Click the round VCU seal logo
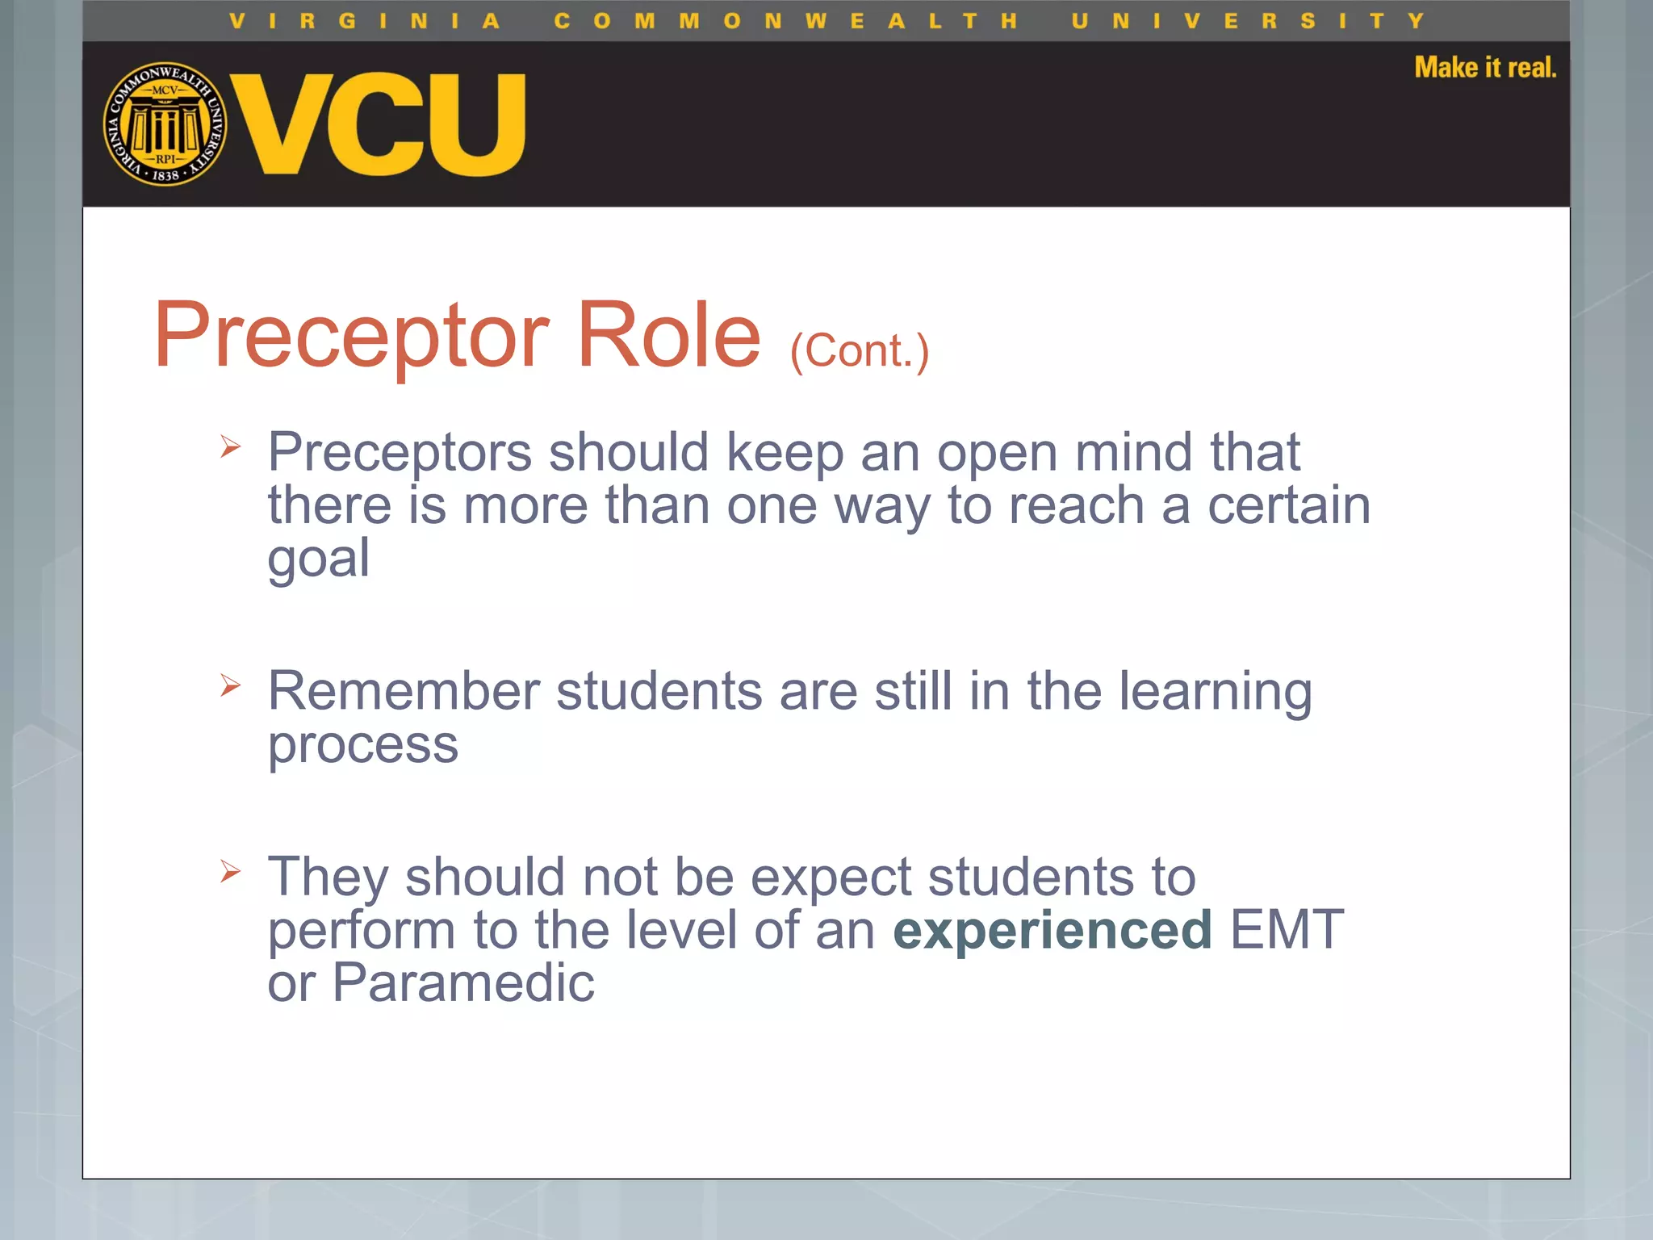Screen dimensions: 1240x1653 165,124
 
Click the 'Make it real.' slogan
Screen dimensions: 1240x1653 1484,67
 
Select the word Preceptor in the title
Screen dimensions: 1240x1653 352,335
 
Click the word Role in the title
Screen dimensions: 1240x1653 668,335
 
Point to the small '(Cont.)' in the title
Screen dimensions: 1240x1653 860,351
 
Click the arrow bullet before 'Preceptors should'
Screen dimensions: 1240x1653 230,446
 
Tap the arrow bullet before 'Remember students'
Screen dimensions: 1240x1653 230,685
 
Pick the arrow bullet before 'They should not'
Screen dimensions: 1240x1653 230,871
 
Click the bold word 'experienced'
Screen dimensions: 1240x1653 1052,930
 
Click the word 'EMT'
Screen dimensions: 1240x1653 1287,930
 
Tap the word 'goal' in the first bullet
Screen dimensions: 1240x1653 319,559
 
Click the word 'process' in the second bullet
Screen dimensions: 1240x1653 362,744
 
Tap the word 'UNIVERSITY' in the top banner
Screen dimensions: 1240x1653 1248,21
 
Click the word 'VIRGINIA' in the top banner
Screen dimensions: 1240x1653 364,21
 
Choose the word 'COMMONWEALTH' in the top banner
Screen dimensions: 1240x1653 785,21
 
